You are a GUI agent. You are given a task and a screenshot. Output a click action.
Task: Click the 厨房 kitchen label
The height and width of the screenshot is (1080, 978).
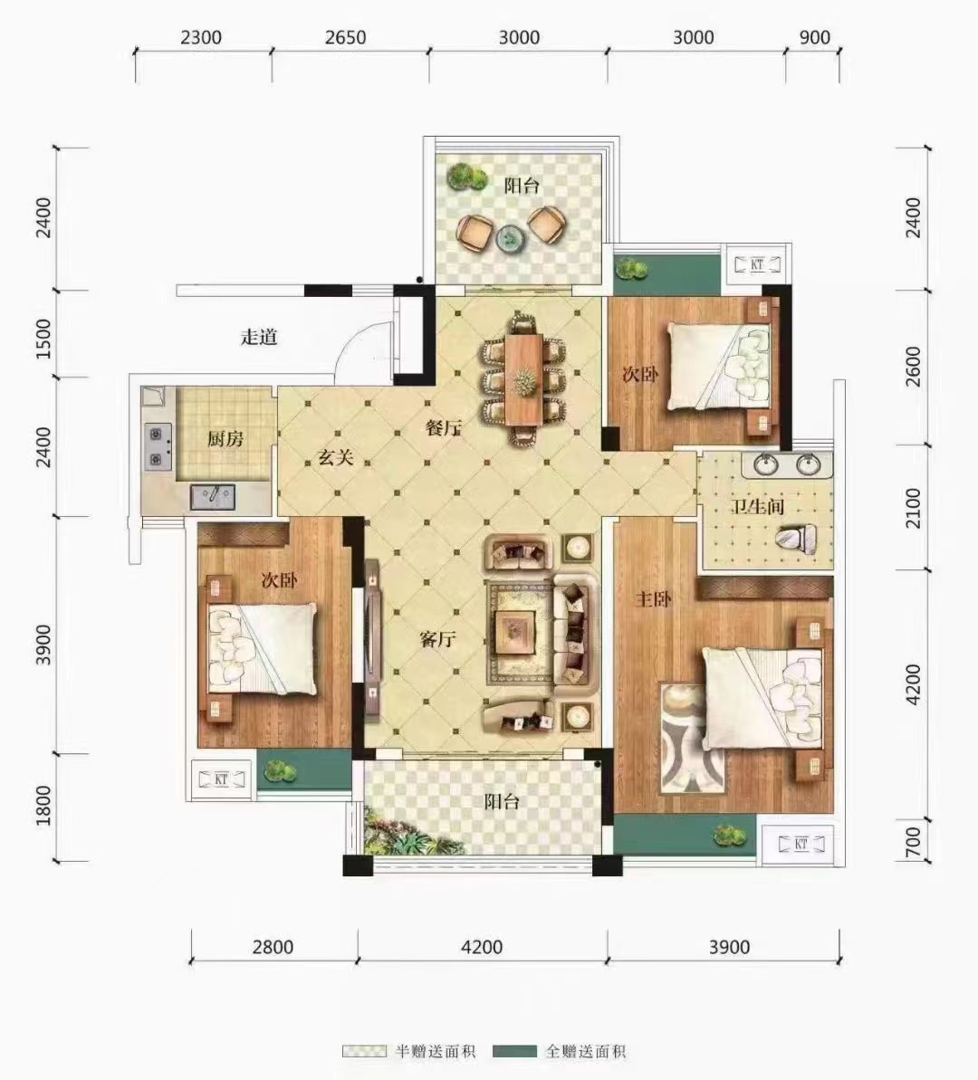(x=225, y=439)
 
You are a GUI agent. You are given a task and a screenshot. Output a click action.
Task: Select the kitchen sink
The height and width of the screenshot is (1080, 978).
(x=213, y=497)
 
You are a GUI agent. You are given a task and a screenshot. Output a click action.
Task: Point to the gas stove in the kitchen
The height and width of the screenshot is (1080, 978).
(x=158, y=446)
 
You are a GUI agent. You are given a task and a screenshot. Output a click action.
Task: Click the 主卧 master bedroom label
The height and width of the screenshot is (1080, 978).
(x=653, y=598)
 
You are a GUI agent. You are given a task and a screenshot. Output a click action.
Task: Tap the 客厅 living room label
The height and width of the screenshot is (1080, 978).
(x=437, y=639)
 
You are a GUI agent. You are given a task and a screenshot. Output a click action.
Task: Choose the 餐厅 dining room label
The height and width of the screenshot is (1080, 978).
(x=443, y=427)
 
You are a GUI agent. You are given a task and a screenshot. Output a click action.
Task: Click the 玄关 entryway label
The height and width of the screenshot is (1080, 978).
(x=336, y=456)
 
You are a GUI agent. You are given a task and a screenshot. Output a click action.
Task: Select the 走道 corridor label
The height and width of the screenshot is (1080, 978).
(x=258, y=337)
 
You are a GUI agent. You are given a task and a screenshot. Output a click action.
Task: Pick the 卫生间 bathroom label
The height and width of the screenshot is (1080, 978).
(x=757, y=507)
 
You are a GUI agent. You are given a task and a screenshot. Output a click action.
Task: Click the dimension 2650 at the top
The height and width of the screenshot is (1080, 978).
(x=346, y=37)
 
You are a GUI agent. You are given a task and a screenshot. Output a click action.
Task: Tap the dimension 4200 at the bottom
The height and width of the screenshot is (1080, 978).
(x=482, y=947)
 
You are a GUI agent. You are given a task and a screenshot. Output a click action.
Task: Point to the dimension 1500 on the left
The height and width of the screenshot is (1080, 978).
(x=43, y=339)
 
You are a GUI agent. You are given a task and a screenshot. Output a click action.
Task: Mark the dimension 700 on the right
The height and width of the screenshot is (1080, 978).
(x=912, y=842)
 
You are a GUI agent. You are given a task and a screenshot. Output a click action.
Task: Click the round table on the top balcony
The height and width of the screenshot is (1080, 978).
(x=511, y=238)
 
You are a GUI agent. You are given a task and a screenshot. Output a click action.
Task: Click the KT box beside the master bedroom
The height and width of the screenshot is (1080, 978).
(x=801, y=844)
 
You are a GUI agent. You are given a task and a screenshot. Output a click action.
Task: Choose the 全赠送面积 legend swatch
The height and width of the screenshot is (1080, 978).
(x=515, y=1052)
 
